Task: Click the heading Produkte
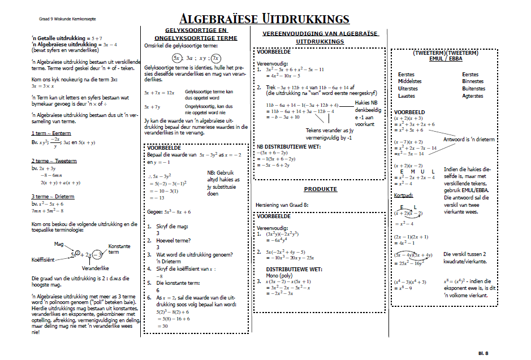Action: pyautogui.click(x=320, y=189)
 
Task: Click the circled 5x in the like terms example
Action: pyautogui.click(x=177, y=58)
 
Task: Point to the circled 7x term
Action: pyautogui.click(x=215, y=58)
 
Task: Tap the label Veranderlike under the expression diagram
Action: pyautogui.click(x=95, y=268)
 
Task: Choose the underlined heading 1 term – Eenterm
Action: pyautogui.click(x=51, y=133)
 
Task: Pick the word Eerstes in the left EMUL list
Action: pyautogui.click(x=406, y=75)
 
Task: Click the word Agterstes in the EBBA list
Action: pyautogui.click(x=472, y=96)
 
